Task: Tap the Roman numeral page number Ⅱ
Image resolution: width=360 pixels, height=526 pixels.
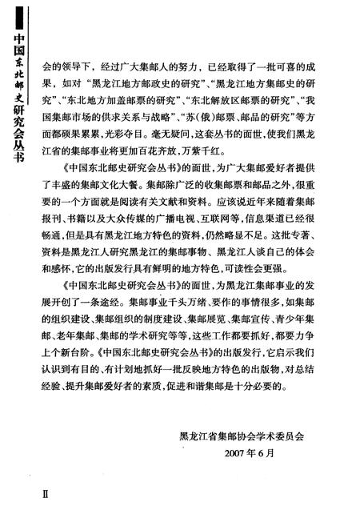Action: coord(23,496)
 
